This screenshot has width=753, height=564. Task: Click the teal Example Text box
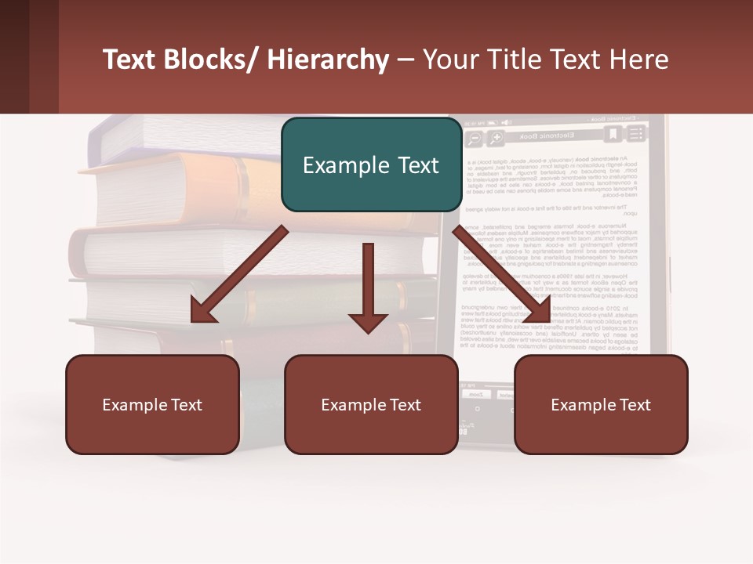pos(371,165)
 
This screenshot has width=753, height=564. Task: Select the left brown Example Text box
pos(152,405)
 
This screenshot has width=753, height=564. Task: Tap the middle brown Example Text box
pos(371,405)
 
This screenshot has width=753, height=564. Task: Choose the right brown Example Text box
pos(601,405)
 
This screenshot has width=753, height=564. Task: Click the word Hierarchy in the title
pos(327,60)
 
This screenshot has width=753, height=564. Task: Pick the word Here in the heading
pos(642,60)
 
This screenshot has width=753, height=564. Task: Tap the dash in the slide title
pos(406,60)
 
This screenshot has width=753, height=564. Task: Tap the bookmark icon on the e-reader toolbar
pos(613,136)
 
